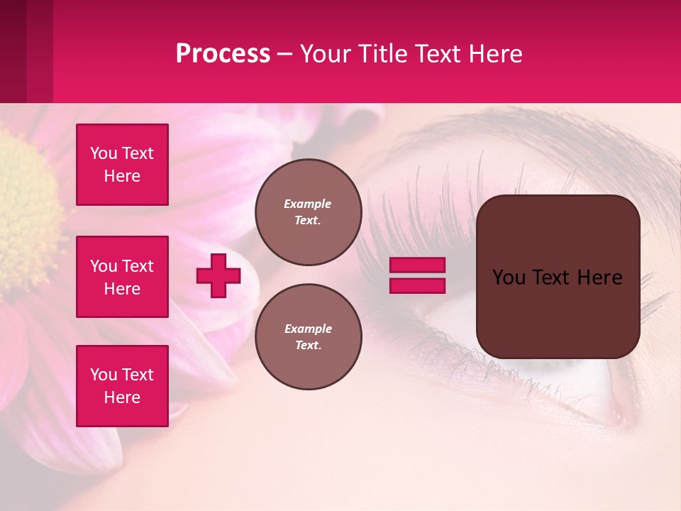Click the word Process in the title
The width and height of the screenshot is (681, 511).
[x=223, y=54]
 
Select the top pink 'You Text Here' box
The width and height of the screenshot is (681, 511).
[x=122, y=165]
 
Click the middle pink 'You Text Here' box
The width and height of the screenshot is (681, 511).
[x=122, y=277]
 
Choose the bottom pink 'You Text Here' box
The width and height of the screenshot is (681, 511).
[x=122, y=386]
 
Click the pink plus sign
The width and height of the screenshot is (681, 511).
[x=218, y=275]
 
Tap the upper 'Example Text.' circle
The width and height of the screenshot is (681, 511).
[x=308, y=212]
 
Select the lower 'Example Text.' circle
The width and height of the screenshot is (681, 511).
[x=308, y=337]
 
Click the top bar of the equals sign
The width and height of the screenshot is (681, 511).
[x=417, y=265]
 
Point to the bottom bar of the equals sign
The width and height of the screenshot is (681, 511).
[x=417, y=286]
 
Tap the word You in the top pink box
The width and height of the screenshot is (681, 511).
[x=103, y=153]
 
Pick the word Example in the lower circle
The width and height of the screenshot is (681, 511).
[x=308, y=329]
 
